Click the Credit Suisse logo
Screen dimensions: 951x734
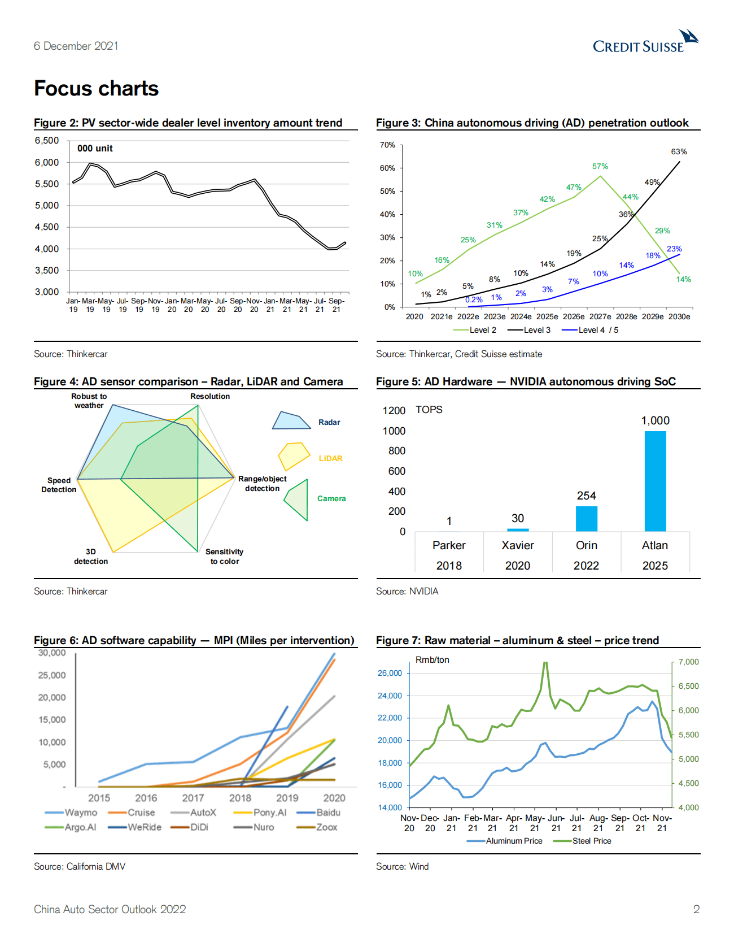pyautogui.click(x=645, y=42)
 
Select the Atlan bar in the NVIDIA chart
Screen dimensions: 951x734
pyautogui.click(x=655, y=481)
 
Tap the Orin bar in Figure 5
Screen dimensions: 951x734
pyautogui.click(x=586, y=519)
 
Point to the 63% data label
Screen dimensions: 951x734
pyautogui.click(x=679, y=151)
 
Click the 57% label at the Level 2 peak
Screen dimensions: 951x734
pyautogui.click(x=600, y=166)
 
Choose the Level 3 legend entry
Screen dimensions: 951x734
pyautogui.click(x=529, y=330)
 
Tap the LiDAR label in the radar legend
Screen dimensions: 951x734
pyautogui.click(x=330, y=458)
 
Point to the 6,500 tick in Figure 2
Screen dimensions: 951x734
pyautogui.click(x=47, y=140)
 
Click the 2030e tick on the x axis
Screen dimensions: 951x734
pyautogui.click(x=679, y=316)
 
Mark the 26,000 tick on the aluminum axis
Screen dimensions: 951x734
pyautogui.click(x=390, y=673)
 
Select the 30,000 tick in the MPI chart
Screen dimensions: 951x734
pyautogui.click(x=52, y=653)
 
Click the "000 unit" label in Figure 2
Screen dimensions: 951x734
pyautogui.click(x=95, y=149)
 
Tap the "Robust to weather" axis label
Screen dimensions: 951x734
pyautogui.click(x=89, y=401)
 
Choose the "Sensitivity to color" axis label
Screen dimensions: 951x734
pyautogui.click(x=225, y=556)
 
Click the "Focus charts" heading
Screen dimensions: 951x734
pyautogui.click(x=97, y=89)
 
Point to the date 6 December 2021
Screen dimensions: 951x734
pyautogui.click(x=76, y=46)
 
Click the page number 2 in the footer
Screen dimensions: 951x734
pyautogui.click(x=696, y=909)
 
